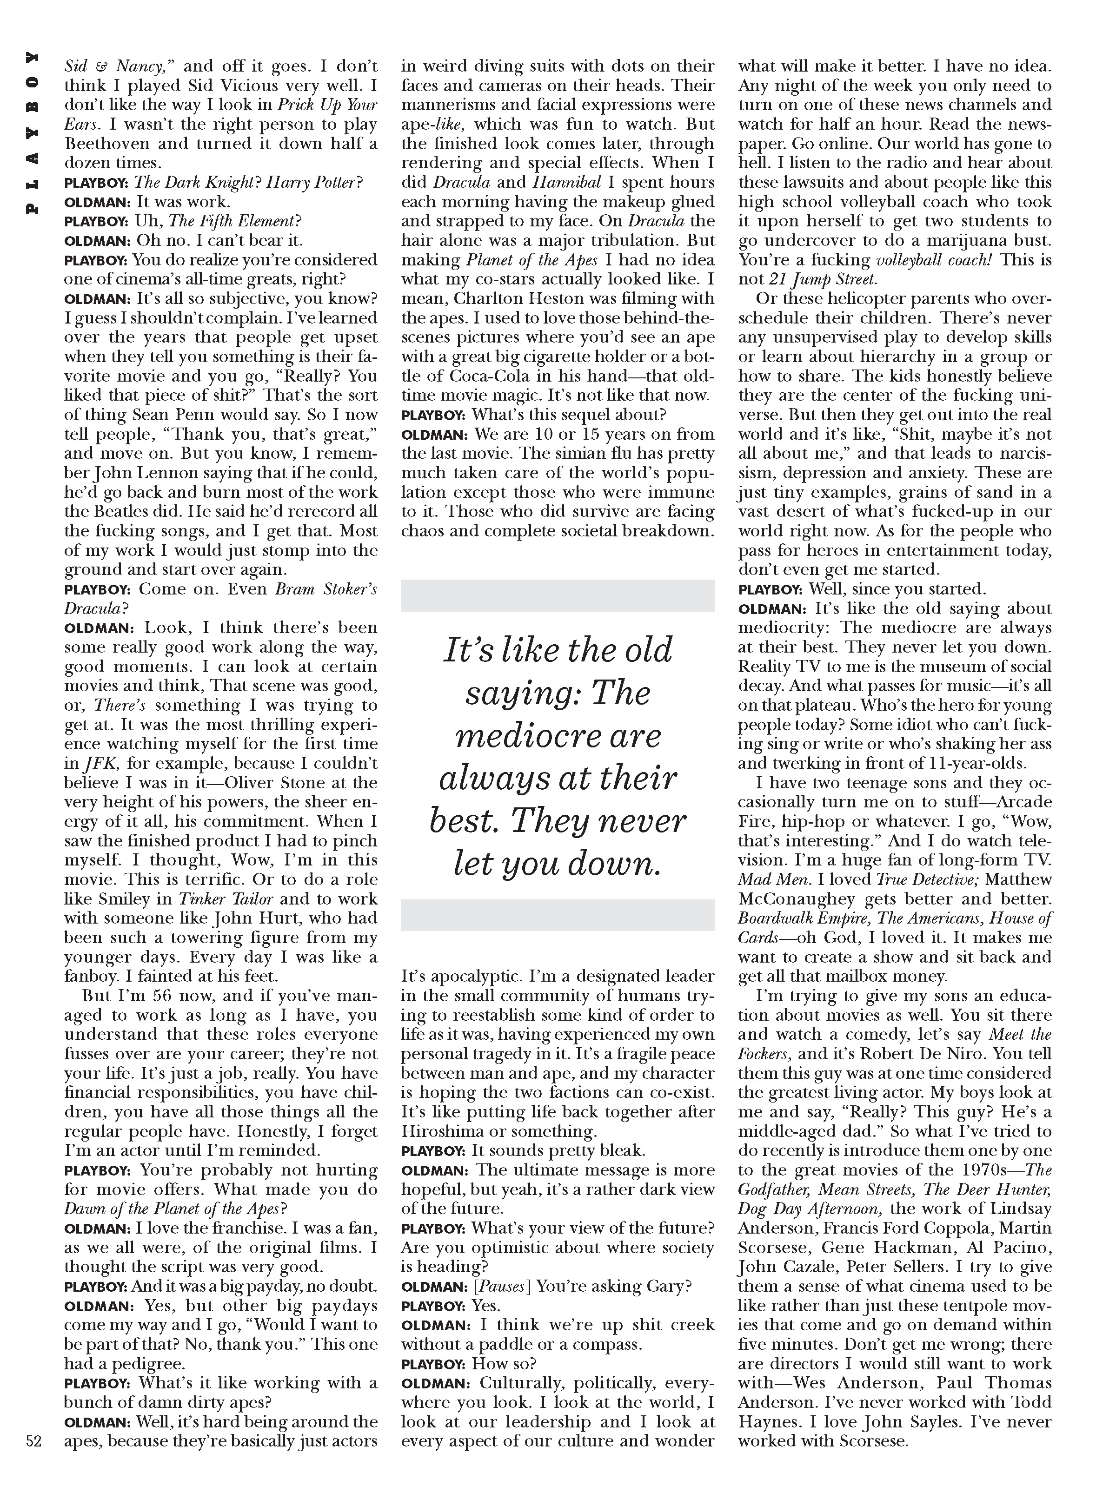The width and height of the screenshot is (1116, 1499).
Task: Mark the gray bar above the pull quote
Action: click(558, 595)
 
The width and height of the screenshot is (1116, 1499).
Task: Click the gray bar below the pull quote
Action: click(558, 915)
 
